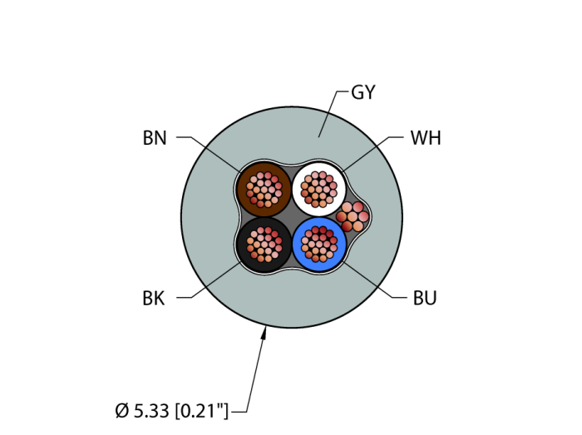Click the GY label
pyautogui.click(x=363, y=92)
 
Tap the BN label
pyautogui.click(x=155, y=138)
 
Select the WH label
pyautogui.click(x=426, y=138)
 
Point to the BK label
pyautogui.click(x=153, y=298)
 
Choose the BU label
pyautogui.click(x=425, y=298)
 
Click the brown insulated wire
pyautogui.click(x=264, y=190)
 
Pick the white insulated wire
pyautogui.click(x=318, y=190)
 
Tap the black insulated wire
pyautogui.click(x=264, y=245)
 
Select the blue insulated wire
pyautogui.click(x=318, y=245)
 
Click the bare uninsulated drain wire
pyautogui.click(x=353, y=216)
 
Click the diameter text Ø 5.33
pyautogui.click(x=142, y=411)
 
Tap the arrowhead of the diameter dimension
pyautogui.click(x=264, y=332)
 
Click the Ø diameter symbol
pyautogui.click(x=121, y=411)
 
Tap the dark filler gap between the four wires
pyautogui.click(x=291, y=217)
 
